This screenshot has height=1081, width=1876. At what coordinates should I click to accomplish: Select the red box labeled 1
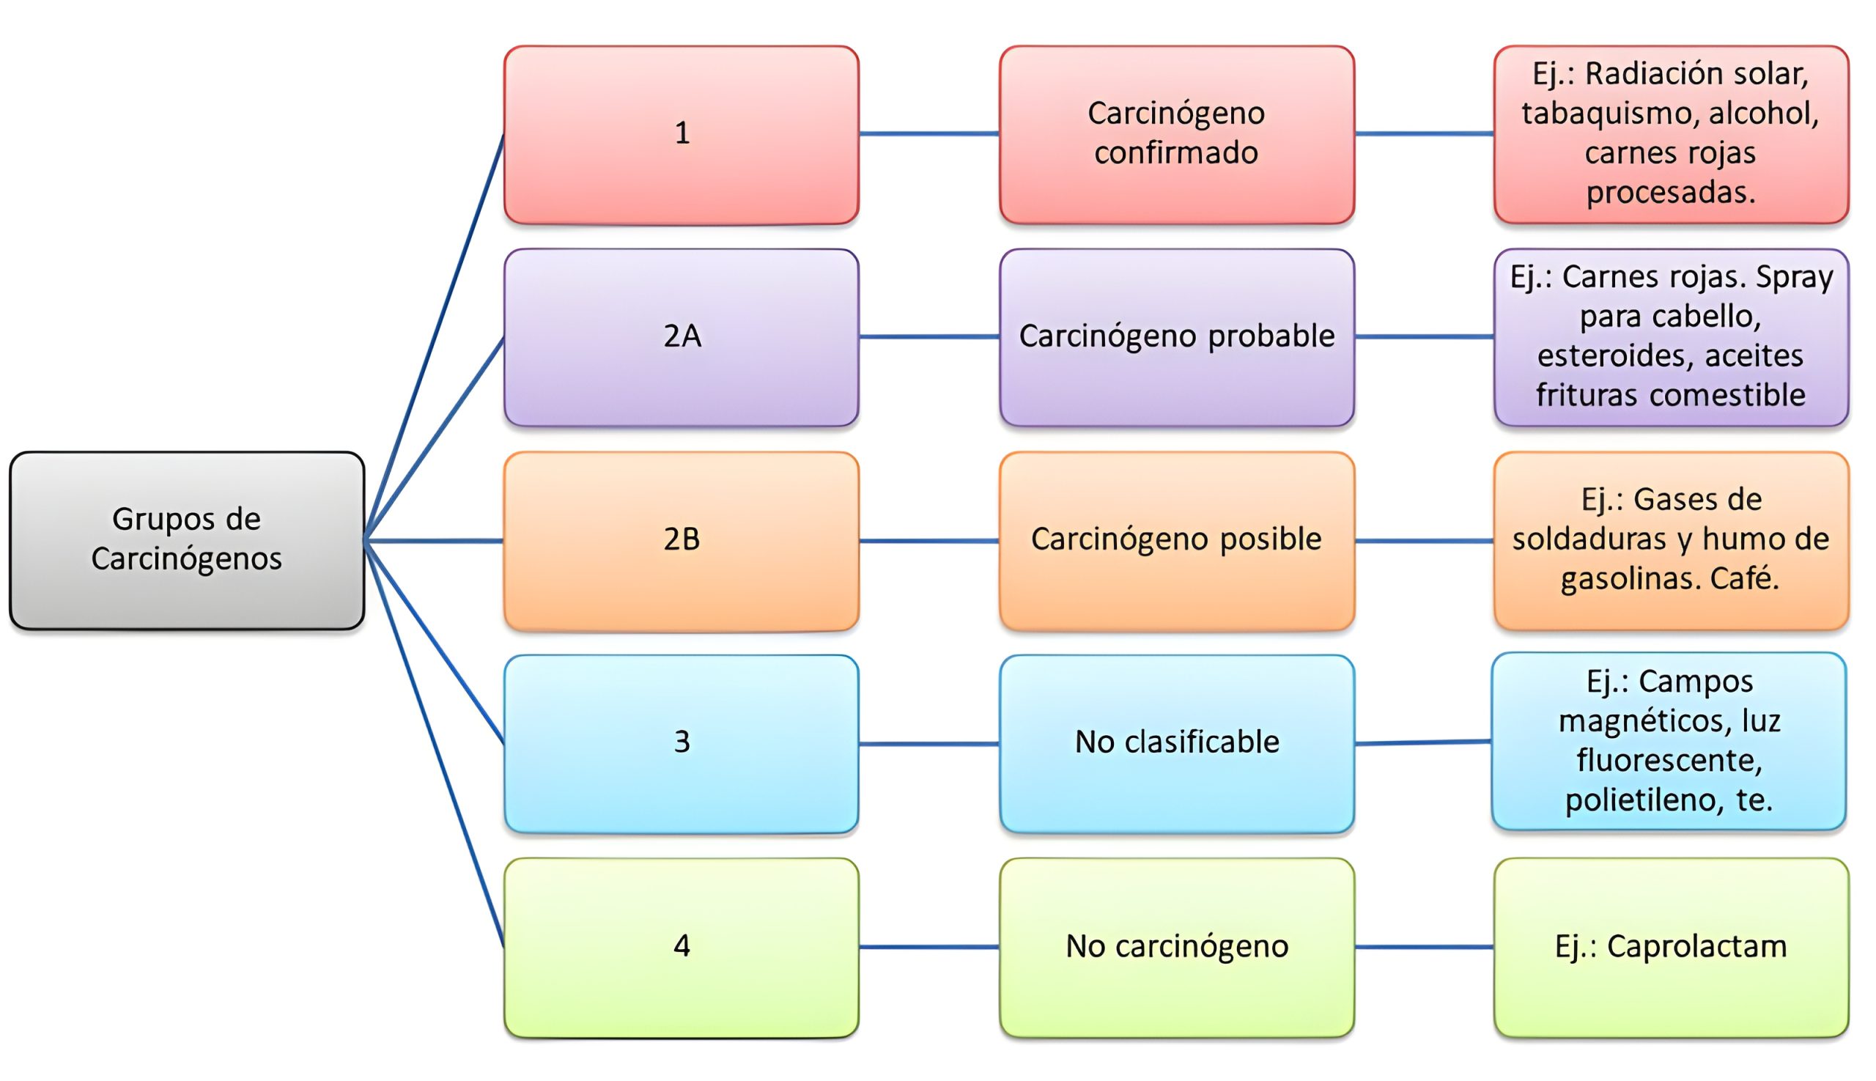(681, 133)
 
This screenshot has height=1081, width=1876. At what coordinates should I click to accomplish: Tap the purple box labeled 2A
(681, 337)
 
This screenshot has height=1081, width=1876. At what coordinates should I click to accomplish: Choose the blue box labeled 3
(681, 742)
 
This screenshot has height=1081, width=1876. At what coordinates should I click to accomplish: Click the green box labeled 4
(681, 947)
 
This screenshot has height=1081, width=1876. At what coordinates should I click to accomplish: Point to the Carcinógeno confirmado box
(1176, 133)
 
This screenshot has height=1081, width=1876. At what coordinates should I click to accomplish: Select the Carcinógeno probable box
(1176, 337)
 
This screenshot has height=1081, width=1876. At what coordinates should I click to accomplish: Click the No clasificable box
(1176, 742)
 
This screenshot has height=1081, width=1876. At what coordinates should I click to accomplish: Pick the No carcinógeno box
(1176, 947)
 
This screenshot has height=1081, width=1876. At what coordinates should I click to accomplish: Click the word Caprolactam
(1696, 947)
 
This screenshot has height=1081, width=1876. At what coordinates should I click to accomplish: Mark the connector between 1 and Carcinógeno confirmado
(928, 133)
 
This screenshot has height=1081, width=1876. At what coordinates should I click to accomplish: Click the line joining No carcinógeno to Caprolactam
(1424, 947)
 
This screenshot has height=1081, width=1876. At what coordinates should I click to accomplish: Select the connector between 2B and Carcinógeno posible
(928, 541)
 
